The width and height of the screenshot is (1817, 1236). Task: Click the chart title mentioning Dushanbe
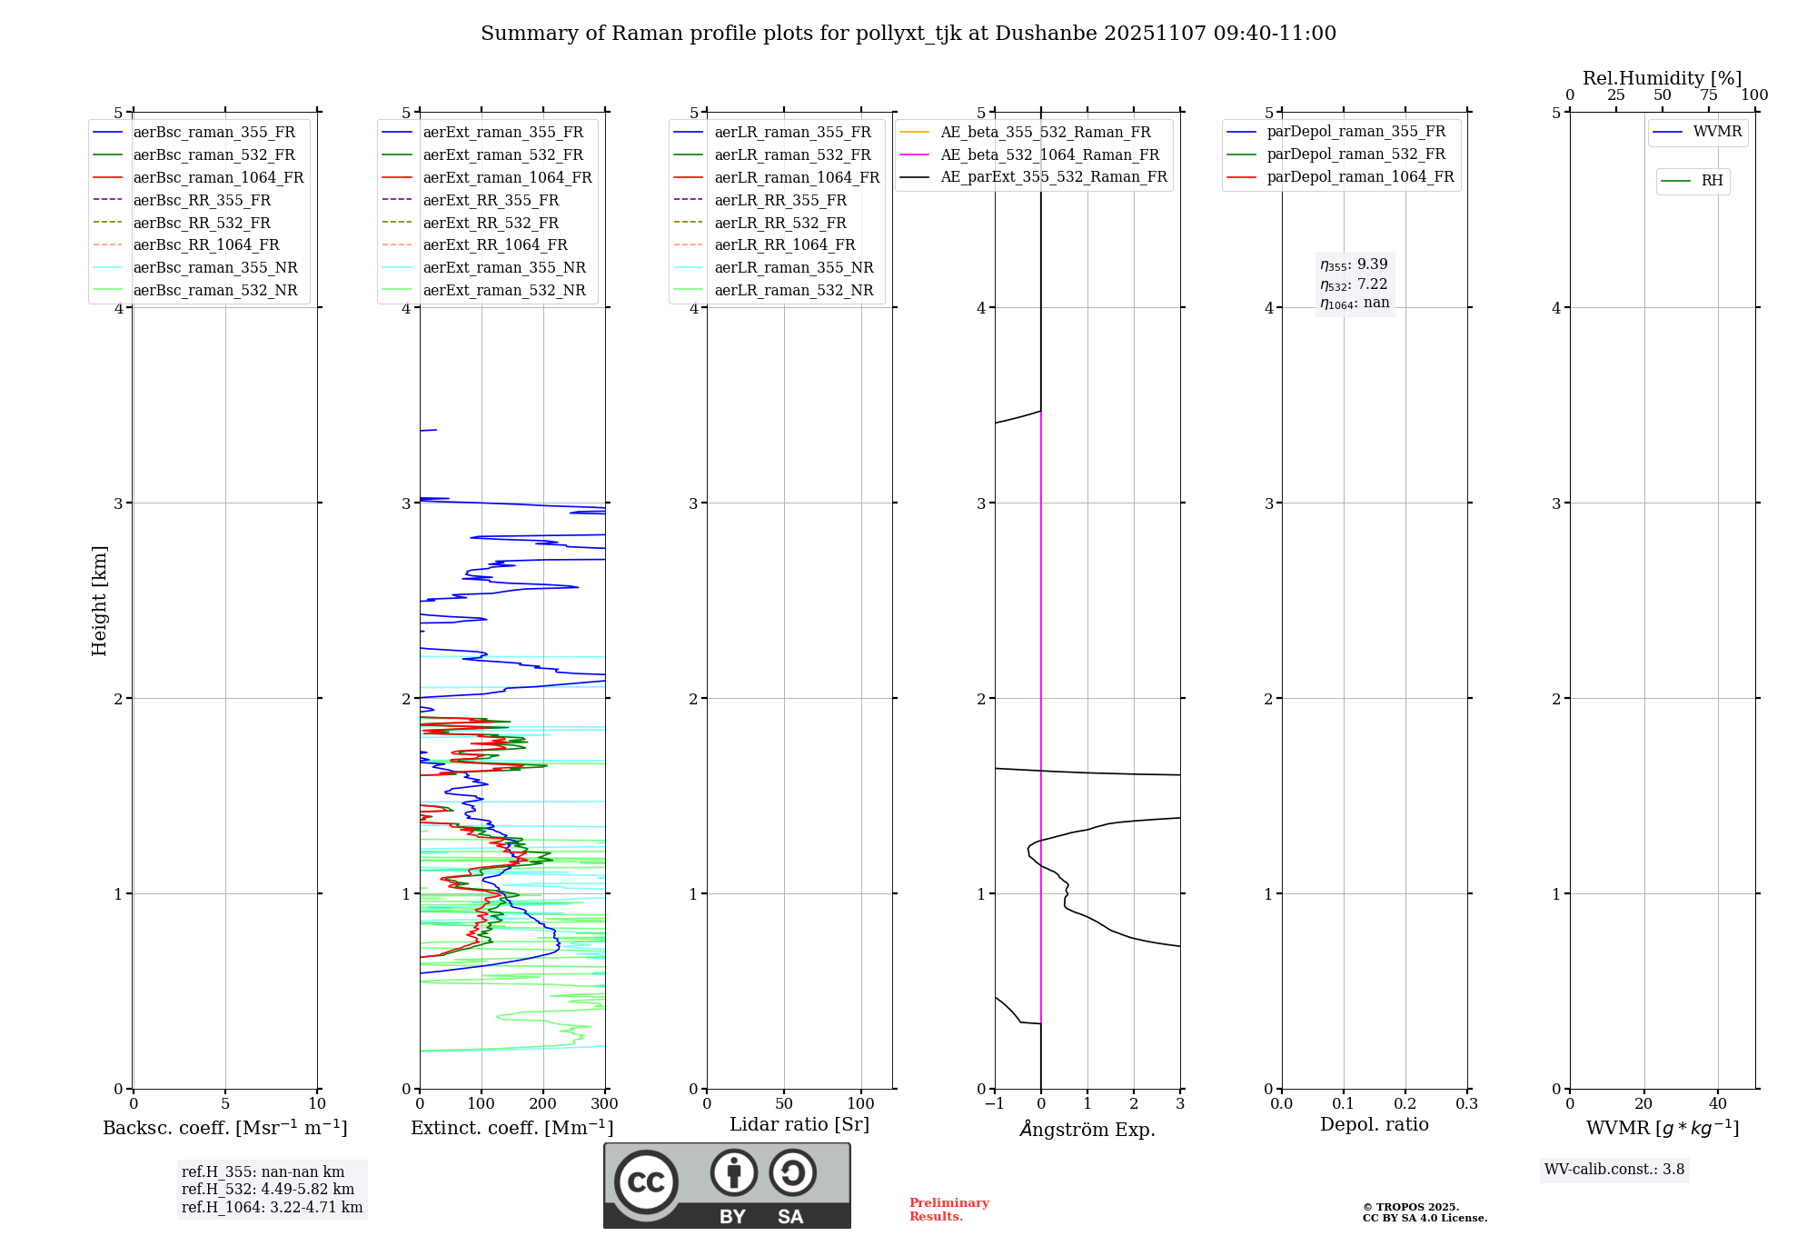[908, 34]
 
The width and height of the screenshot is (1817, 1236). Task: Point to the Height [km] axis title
[99, 600]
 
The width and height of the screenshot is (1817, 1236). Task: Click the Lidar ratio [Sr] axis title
[799, 1124]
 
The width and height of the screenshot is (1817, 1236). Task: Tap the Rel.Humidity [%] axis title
[1663, 78]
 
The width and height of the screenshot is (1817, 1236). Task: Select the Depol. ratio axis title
[1374, 1124]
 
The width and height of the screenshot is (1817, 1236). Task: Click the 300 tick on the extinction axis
[605, 1104]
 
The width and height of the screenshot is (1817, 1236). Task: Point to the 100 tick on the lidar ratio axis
[861, 1104]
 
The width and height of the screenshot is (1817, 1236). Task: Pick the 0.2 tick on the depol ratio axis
[1405, 1104]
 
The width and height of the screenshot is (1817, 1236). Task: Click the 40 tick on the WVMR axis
[1718, 1104]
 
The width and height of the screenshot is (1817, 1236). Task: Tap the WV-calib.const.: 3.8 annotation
[1614, 1170]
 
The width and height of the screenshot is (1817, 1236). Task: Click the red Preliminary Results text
[948, 1210]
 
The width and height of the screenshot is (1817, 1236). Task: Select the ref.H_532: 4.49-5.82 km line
[268, 1189]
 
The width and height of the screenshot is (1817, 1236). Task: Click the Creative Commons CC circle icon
[646, 1181]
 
